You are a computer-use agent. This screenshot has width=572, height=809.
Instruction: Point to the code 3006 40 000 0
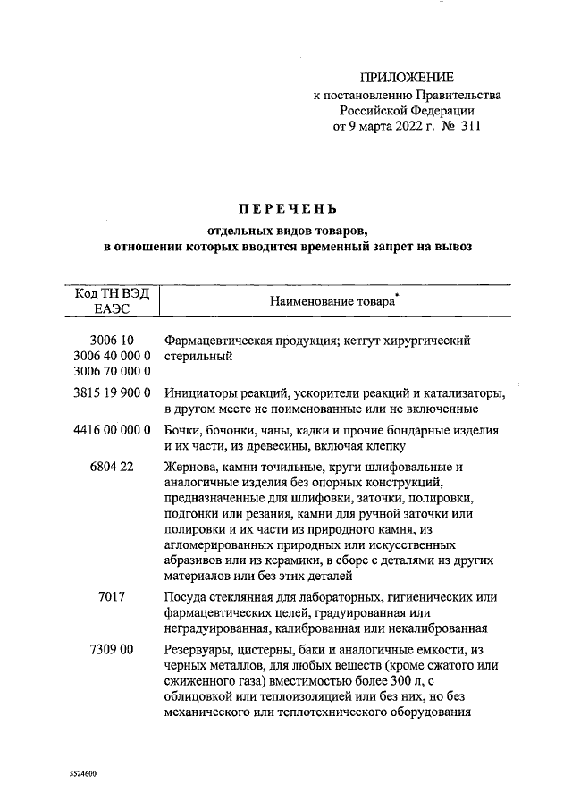[111, 356]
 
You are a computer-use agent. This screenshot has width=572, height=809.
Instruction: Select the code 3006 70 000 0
[111, 371]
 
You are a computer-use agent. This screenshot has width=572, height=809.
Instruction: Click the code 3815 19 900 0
[111, 392]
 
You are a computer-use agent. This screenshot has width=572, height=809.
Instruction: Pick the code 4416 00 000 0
[111, 430]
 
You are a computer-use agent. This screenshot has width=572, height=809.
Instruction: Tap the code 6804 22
[113, 467]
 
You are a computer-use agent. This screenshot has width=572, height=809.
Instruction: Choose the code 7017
[113, 595]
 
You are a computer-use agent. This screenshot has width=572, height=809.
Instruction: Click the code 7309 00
[113, 649]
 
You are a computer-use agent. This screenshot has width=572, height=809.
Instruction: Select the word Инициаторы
[200, 392]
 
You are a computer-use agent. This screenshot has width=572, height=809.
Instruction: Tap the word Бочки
[185, 430]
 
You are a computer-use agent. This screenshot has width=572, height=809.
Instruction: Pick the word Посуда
[188, 595]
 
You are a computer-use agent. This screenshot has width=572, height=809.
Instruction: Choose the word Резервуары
[200, 649]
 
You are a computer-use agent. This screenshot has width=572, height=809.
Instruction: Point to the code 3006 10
[113, 341]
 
